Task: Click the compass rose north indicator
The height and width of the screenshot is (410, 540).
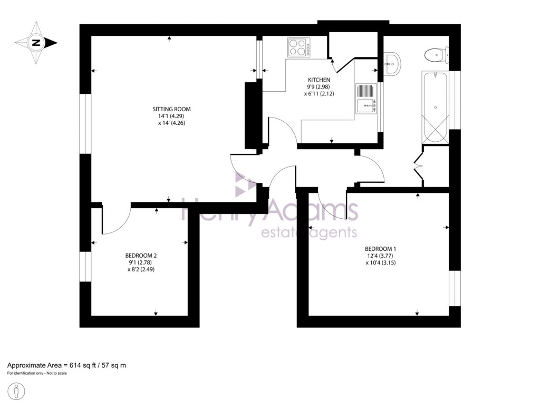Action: [36, 43]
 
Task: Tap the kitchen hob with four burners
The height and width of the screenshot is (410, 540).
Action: [298, 47]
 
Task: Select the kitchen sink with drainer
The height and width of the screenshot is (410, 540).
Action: [365, 99]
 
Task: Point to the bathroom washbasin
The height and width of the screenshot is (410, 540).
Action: [392, 64]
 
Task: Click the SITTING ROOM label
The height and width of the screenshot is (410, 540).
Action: [171, 109]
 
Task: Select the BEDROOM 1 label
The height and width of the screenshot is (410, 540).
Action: [380, 249]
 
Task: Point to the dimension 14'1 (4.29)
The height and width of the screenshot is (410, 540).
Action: [171, 116]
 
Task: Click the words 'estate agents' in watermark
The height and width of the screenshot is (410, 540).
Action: [310, 232]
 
